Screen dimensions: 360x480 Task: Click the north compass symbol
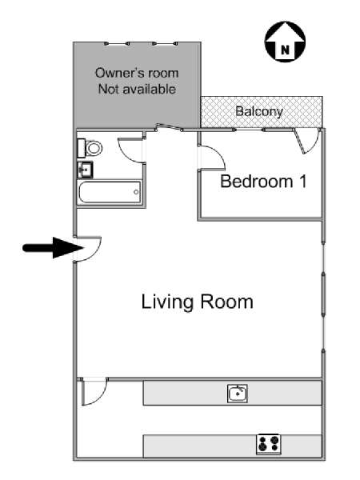click(x=285, y=42)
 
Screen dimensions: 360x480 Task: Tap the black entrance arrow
click(x=53, y=248)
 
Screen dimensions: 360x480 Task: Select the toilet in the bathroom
click(x=90, y=148)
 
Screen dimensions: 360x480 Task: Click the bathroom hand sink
click(x=85, y=170)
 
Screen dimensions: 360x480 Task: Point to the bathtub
click(x=110, y=192)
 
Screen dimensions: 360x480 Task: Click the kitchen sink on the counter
click(x=238, y=394)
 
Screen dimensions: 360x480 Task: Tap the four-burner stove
click(x=269, y=444)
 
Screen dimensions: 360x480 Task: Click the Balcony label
click(x=259, y=111)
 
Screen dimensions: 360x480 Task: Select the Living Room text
click(x=197, y=302)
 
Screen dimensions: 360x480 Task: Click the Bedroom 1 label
click(x=263, y=182)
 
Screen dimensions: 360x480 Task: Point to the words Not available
click(x=137, y=89)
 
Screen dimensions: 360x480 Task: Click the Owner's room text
click(x=137, y=73)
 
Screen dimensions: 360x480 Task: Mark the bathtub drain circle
click(x=136, y=192)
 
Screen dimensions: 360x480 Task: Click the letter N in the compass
click(x=285, y=50)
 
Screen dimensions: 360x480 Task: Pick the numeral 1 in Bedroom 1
click(x=303, y=182)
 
